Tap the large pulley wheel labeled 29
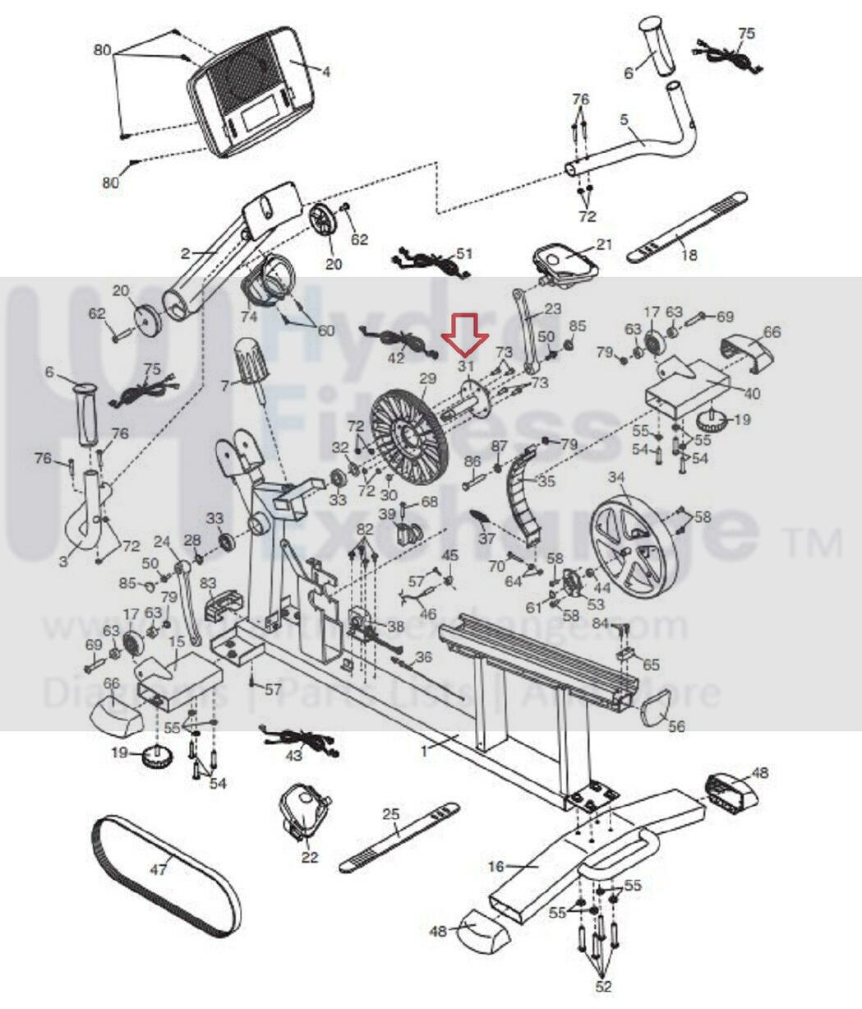point(408,428)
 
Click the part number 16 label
point(496,867)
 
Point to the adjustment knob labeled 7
point(247,360)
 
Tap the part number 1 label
point(424,750)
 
